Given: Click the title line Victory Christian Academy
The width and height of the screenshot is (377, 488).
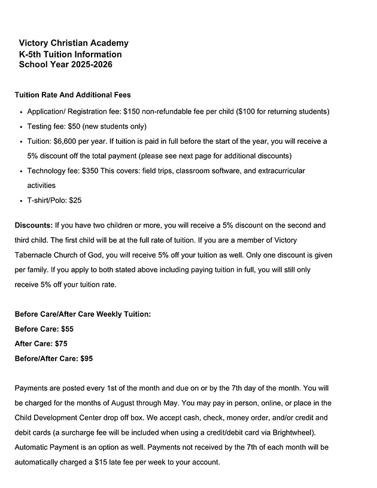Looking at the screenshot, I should pos(74,43).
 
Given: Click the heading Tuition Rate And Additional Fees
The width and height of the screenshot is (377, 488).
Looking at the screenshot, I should pos(72,95).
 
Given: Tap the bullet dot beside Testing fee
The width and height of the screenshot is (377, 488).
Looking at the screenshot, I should pos(21,127).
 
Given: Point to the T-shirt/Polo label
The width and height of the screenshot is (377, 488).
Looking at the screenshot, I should pos(46,201).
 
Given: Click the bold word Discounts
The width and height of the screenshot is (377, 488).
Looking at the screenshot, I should pos(34,226).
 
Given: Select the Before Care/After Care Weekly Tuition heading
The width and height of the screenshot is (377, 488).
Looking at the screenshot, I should pos(83,314).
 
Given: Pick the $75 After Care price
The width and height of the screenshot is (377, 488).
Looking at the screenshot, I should pos(61,344).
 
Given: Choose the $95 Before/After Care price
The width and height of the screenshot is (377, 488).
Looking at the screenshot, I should pos(87,359).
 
